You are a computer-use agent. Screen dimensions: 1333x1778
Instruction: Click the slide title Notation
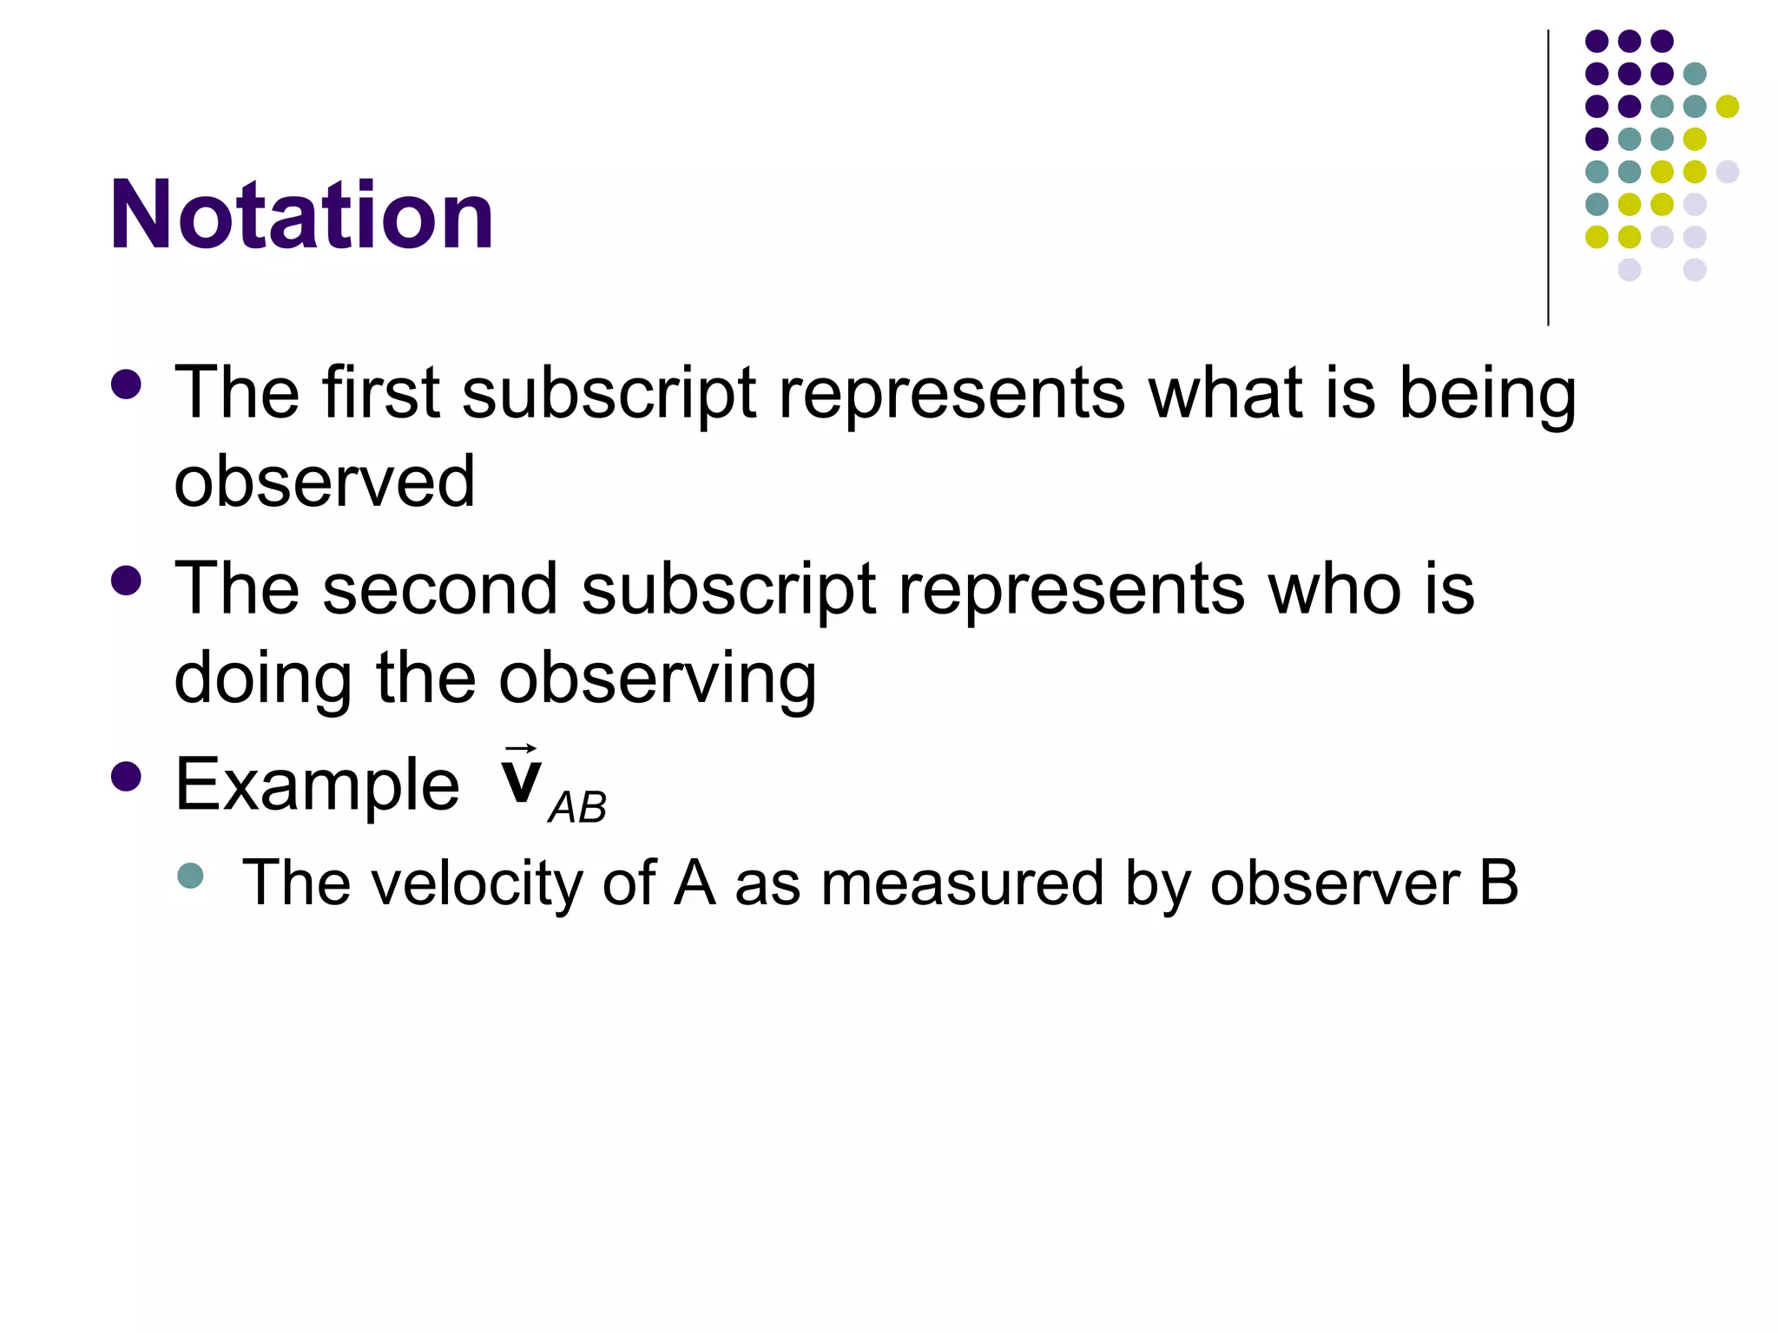pyautogui.click(x=301, y=214)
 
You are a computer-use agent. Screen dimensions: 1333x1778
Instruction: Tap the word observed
pyautogui.click(x=325, y=482)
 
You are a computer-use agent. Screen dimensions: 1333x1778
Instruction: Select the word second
pyautogui.click(x=439, y=588)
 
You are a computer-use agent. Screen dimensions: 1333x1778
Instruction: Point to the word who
pyautogui.click(x=1333, y=588)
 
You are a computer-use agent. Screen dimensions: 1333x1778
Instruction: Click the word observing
pyautogui.click(x=657, y=679)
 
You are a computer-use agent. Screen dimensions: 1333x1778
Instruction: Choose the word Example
pyautogui.click(x=317, y=785)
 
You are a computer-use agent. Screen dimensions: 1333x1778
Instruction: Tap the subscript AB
pyautogui.click(x=577, y=808)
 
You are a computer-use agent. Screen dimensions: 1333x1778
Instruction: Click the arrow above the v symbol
pyautogui.click(x=521, y=748)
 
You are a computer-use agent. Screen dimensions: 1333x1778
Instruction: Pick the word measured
pyautogui.click(x=962, y=883)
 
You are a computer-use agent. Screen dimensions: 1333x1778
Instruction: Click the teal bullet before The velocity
pyautogui.click(x=190, y=876)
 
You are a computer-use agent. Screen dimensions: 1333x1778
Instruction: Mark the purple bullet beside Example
pyautogui.click(x=127, y=777)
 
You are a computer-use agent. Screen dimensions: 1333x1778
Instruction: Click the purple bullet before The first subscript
pyautogui.click(x=127, y=384)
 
